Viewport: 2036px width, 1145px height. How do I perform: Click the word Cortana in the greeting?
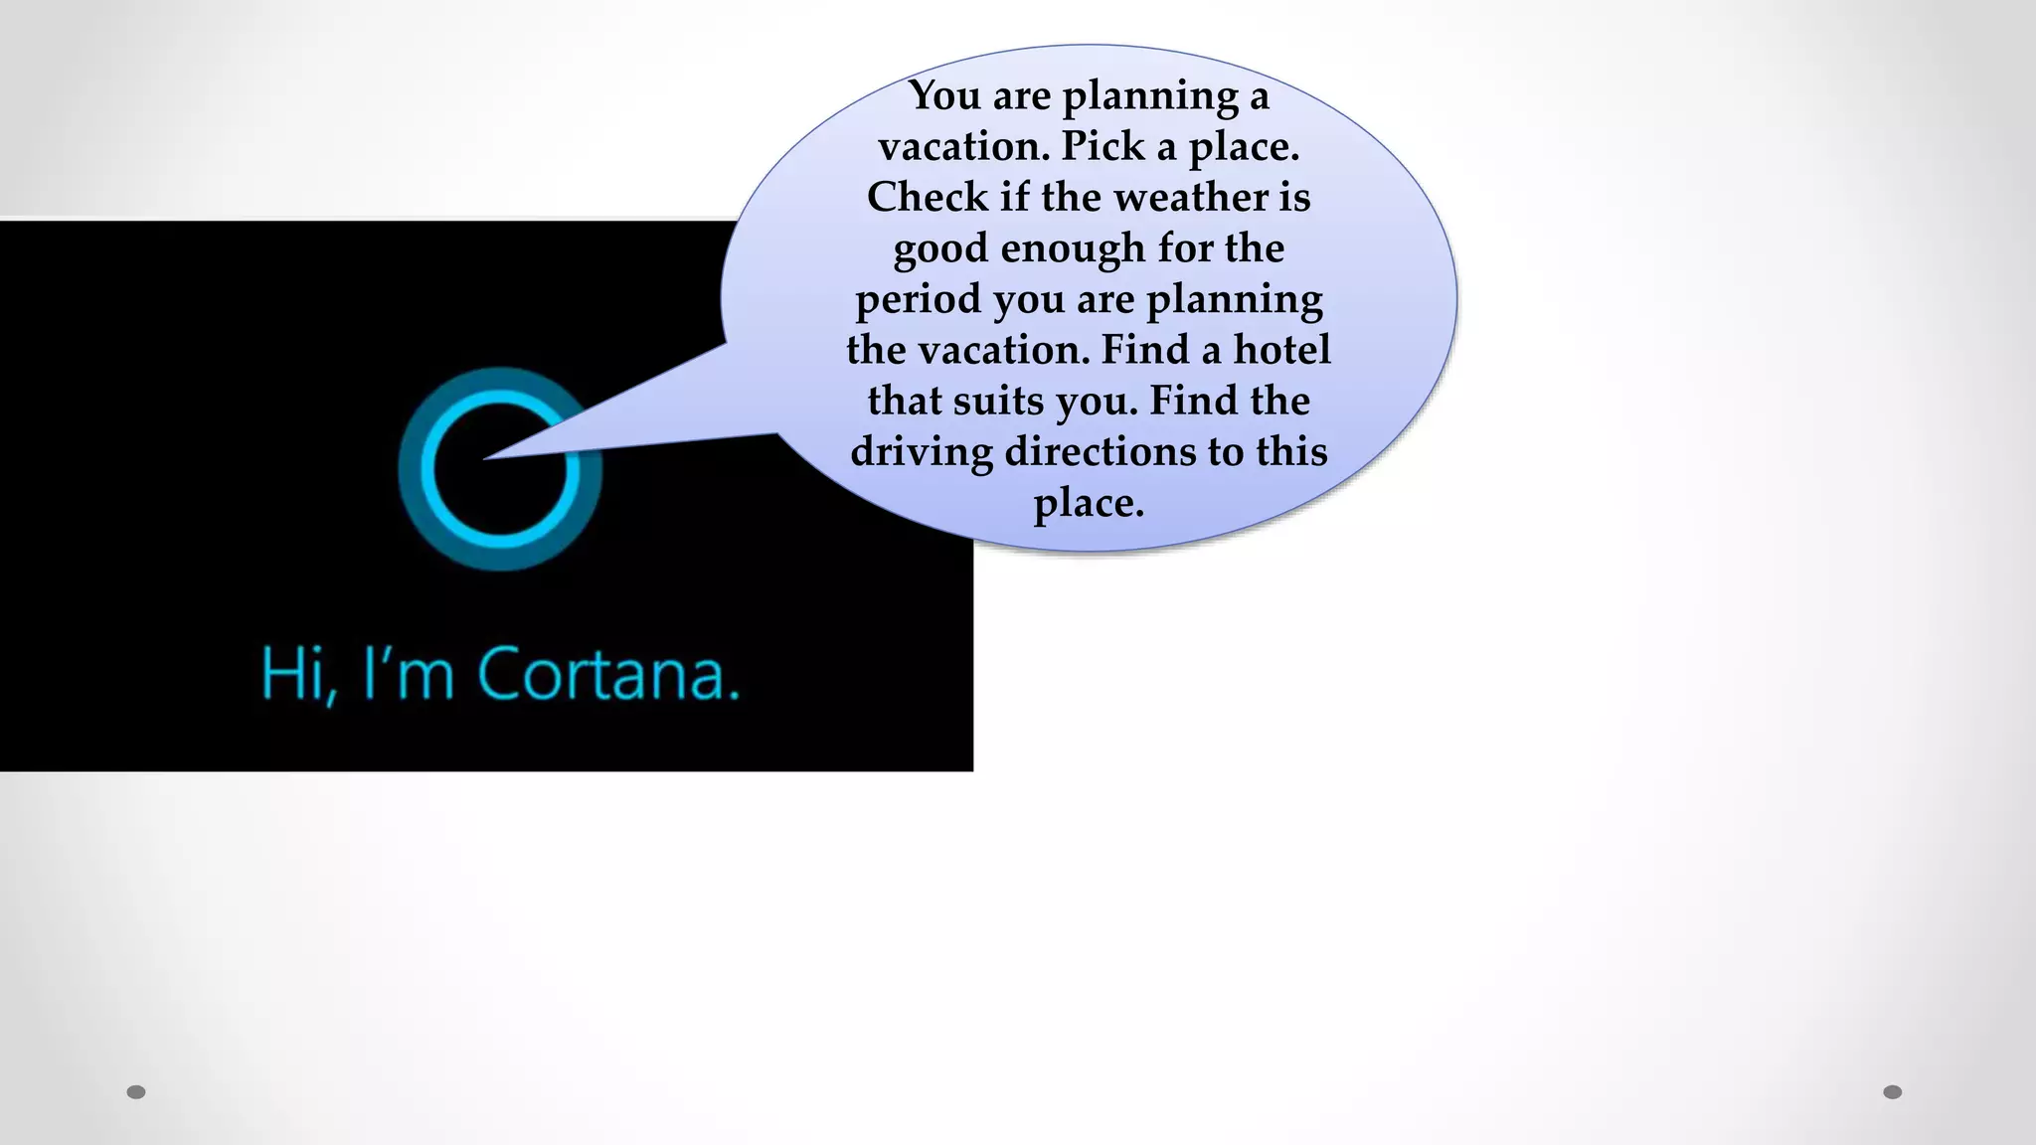click(608, 675)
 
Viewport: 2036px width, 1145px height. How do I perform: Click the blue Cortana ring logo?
click(500, 469)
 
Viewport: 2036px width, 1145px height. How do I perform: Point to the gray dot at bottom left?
click(136, 1092)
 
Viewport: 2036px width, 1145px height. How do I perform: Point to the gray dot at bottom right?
click(1893, 1092)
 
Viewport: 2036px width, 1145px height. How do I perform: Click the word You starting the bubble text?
click(943, 95)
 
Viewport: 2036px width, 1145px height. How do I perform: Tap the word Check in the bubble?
click(927, 197)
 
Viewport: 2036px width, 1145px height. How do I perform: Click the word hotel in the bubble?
click(1281, 350)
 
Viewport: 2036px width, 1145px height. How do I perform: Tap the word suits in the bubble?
click(998, 401)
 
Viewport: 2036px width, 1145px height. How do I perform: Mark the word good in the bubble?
click(939, 248)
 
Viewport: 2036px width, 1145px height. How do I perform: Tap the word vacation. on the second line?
click(963, 146)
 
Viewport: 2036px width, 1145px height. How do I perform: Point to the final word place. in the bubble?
click(1089, 503)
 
